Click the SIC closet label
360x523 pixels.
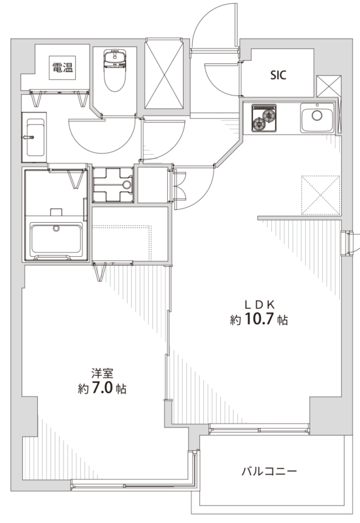[x=278, y=75]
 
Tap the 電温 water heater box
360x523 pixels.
[x=63, y=68]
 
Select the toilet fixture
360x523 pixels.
[x=115, y=70]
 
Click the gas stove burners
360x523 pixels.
[x=264, y=118]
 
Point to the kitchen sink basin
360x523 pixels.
[x=317, y=118]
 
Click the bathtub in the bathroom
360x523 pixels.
[x=56, y=239]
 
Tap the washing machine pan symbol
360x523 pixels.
[x=112, y=184]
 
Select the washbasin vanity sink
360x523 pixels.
[x=34, y=137]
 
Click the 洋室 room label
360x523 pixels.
[x=103, y=373]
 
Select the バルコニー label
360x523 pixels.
[x=269, y=471]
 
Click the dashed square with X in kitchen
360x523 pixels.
[x=320, y=195]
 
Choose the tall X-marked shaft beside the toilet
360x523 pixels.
[x=165, y=73]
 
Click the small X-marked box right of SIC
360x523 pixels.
[x=329, y=86]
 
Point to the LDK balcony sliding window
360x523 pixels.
[x=259, y=429]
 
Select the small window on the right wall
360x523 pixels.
[x=347, y=243]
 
